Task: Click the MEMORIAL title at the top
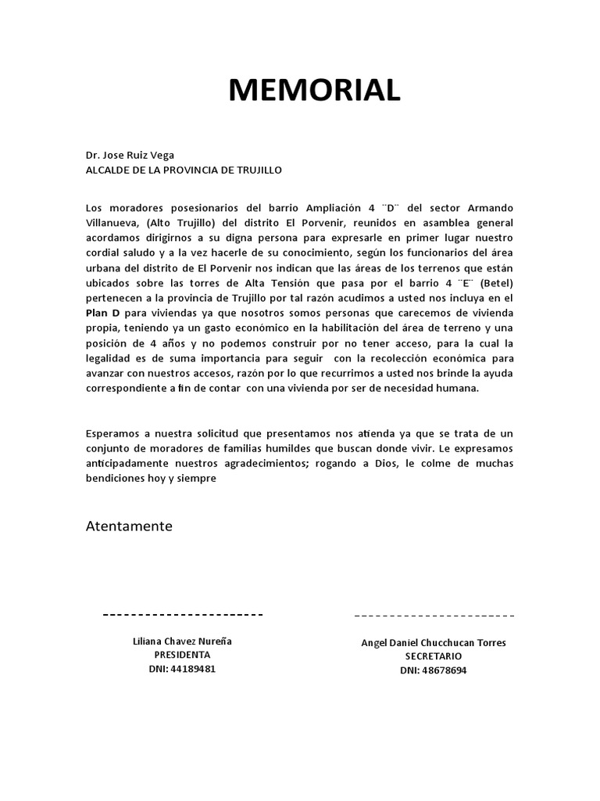pos(314,91)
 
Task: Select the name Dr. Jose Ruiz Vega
pos(130,155)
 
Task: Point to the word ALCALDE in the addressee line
pos(109,170)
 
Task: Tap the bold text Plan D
pos(102,312)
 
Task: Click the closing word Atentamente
pos(129,526)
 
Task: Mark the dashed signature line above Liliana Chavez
pos(183,615)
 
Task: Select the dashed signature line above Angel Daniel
pos(434,616)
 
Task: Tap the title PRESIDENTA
pos(182,655)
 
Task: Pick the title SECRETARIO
pos(433,656)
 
